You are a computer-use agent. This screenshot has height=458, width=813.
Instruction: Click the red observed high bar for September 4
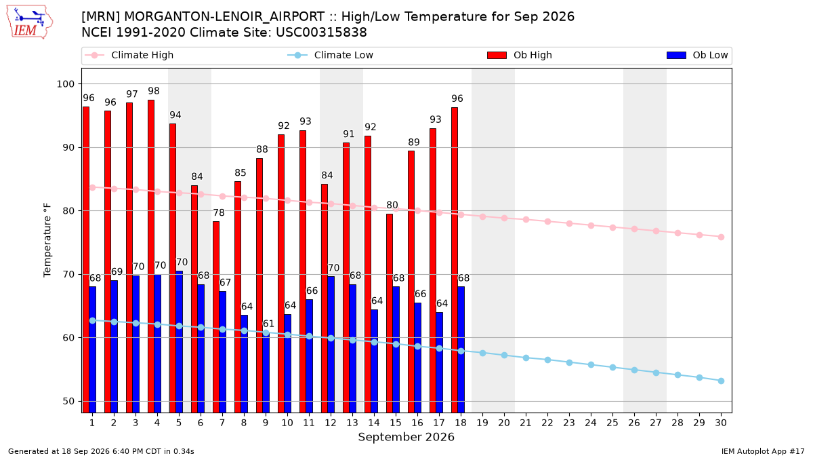point(151,256)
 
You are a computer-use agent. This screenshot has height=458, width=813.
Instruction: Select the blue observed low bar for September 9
point(266,373)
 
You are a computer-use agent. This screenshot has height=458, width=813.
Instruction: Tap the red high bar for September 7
point(216,317)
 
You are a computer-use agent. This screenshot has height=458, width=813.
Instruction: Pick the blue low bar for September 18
point(461,349)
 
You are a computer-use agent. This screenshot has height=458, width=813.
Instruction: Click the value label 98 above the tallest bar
point(154,91)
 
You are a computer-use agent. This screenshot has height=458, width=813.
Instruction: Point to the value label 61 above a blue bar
point(268,324)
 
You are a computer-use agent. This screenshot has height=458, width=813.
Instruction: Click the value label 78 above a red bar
point(218,212)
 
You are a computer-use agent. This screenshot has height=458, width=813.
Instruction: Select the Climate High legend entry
point(129,55)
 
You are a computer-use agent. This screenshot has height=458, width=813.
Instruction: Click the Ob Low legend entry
point(697,55)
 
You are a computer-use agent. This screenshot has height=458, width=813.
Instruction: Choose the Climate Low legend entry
point(331,55)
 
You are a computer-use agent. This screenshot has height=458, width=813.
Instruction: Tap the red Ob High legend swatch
point(497,55)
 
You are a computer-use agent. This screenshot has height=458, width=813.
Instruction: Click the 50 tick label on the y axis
point(68,401)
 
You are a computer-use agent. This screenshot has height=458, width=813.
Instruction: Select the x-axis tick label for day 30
point(721,423)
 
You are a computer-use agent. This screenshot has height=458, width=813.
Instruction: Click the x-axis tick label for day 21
point(526,423)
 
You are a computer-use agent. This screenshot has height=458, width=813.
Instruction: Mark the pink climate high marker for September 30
point(721,237)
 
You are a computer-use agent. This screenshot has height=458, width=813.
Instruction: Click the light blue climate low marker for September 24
point(591,364)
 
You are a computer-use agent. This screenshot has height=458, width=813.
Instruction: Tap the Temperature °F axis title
point(47,241)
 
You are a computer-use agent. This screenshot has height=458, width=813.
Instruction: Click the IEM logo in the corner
point(30,22)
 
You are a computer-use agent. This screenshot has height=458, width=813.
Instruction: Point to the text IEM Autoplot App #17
point(763,451)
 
